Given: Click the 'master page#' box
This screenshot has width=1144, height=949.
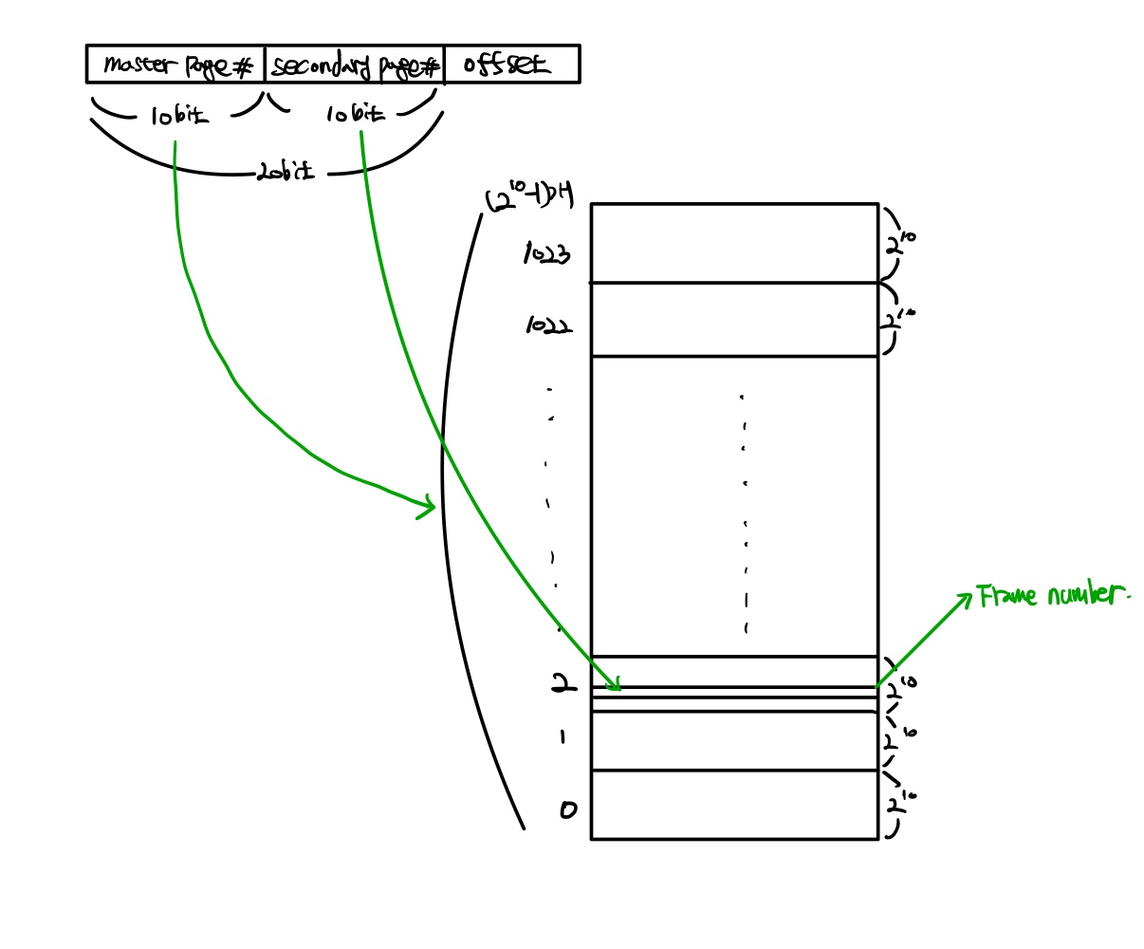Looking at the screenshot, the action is click(175, 65).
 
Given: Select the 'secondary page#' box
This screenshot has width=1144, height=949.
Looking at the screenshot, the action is click(354, 65).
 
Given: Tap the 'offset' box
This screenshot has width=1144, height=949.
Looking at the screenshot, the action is click(511, 65).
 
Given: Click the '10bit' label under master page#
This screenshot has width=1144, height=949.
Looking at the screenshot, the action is click(178, 116).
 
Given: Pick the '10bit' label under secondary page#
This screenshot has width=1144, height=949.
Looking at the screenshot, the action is click(356, 115).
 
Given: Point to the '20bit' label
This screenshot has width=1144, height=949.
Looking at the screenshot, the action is click(285, 173).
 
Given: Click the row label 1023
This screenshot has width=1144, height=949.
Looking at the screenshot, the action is click(547, 254).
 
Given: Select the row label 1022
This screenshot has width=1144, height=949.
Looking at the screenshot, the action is click(549, 326).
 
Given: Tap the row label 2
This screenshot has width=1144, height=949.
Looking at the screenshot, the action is click(563, 682).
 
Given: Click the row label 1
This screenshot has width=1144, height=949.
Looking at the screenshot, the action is click(563, 735).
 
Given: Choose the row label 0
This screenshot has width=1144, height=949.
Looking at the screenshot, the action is click(567, 809).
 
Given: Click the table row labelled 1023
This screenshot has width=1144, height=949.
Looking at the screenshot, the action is click(734, 243).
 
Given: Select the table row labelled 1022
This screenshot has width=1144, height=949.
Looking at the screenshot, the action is click(734, 319).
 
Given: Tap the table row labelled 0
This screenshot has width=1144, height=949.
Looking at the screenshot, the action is click(734, 805).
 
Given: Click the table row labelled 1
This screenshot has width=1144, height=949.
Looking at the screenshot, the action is click(734, 740).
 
